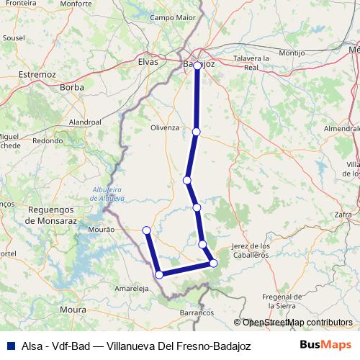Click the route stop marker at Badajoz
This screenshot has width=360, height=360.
pos(197,66)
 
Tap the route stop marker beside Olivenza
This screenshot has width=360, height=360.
pos(196,132)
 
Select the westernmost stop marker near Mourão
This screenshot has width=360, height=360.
pos(146,230)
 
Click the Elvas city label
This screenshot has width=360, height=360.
pos(147,62)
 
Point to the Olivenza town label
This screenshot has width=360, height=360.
pos(164,127)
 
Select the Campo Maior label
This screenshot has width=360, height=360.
pos(173,17)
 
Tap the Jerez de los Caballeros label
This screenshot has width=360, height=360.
pos(250,251)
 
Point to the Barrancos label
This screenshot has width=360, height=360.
pos(197,313)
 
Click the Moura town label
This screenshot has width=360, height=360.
pos(73,310)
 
